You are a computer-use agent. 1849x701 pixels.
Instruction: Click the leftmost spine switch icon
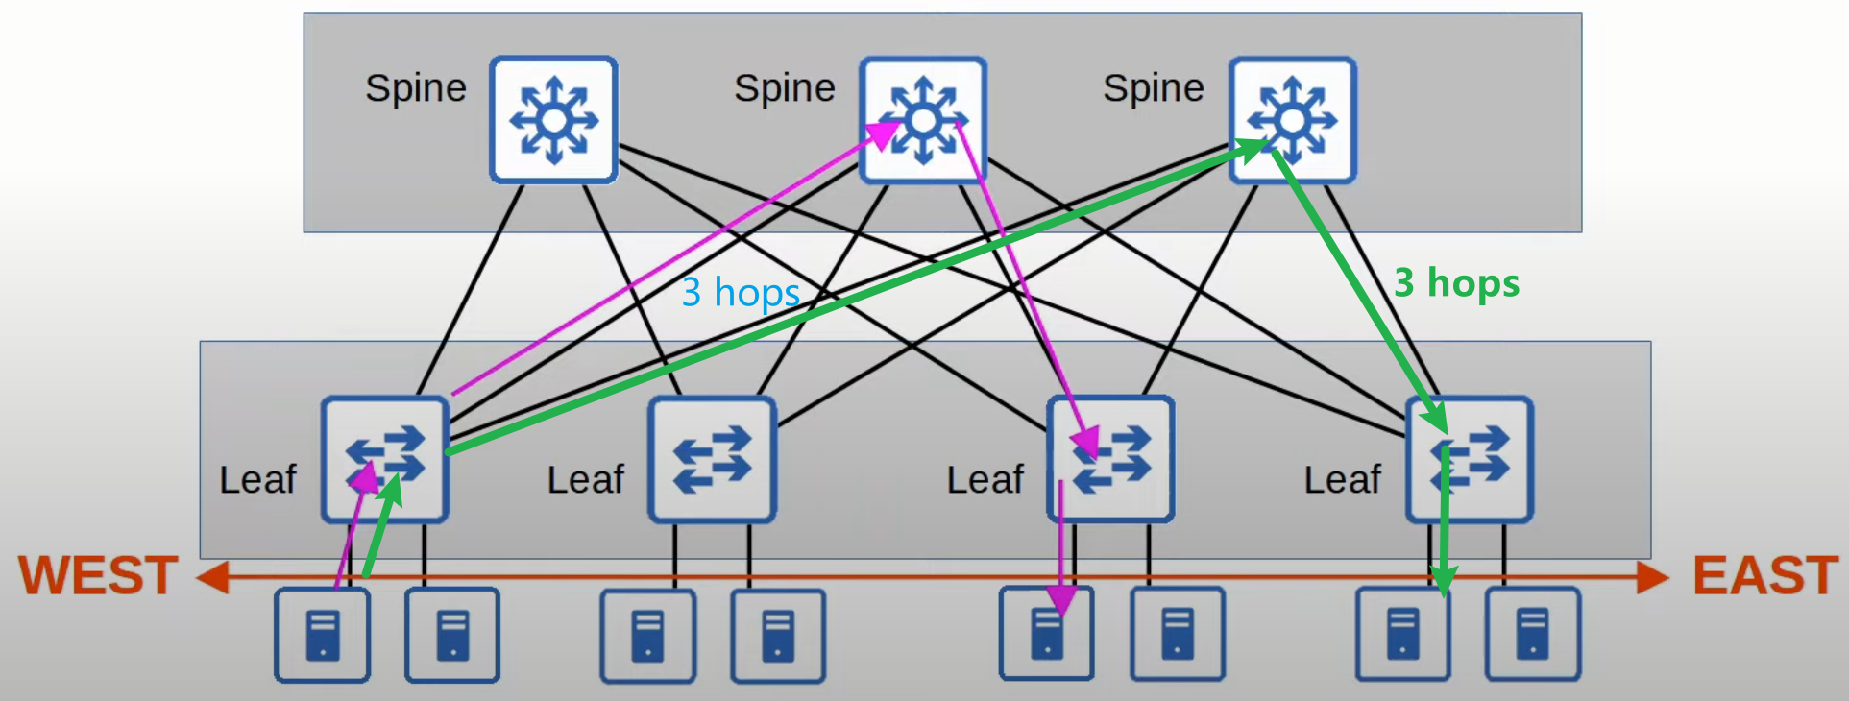coord(553,120)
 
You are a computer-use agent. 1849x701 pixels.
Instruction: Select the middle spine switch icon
coord(923,120)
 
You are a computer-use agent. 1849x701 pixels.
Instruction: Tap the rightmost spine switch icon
coord(1293,120)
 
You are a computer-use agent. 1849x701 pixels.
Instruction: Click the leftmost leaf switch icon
coord(385,459)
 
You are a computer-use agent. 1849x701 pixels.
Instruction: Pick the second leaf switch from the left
coord(712,459)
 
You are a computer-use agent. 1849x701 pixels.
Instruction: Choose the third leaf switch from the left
coord(1110,459)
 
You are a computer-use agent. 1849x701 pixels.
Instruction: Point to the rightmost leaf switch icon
coord(1470,459)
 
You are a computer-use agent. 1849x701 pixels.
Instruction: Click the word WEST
coord(98,575)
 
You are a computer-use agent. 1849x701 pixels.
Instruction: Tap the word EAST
coord(1764,575)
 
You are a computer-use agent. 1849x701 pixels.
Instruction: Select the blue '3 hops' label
coord(741,292)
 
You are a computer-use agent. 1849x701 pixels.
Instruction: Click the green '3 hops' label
coord(1456,282)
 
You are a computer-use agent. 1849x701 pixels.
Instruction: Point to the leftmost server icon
coord(323,636)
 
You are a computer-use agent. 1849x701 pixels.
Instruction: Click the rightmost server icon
coord(1533,636)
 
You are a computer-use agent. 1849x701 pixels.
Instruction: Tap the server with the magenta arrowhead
coord(1047,634)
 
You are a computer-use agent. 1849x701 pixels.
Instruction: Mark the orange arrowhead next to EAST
coord(1653,577)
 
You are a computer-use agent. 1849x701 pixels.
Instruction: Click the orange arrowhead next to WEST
coord(211,577)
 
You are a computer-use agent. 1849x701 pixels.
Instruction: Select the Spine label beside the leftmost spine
coord(415,88)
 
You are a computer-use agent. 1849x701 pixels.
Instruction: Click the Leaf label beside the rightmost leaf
coord(1342,479)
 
